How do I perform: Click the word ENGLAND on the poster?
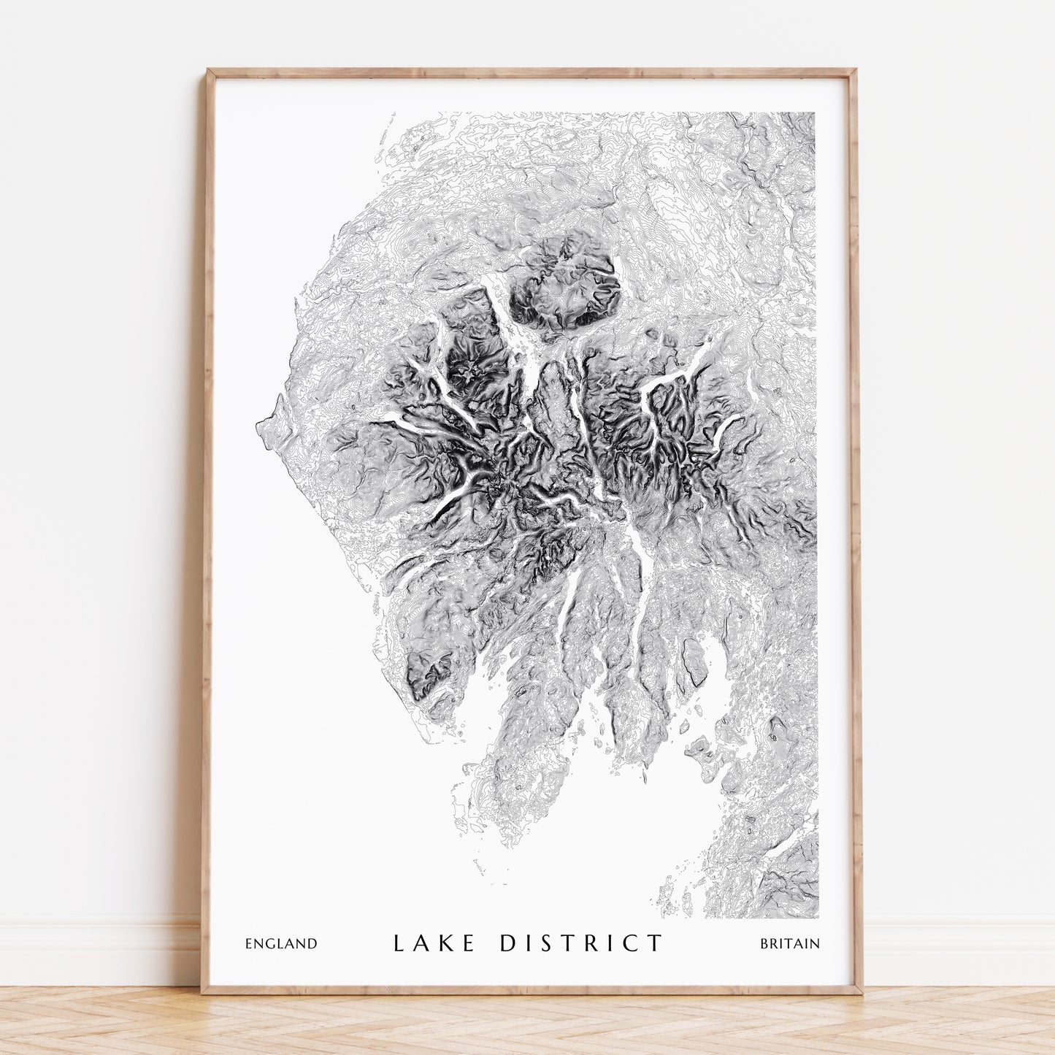pos(281,943)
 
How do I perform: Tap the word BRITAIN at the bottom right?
pos(790,943)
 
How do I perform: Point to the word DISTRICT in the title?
pos(582,943)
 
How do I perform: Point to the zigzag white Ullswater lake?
pos(672,376)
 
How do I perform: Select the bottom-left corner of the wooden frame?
pos(204,991)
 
